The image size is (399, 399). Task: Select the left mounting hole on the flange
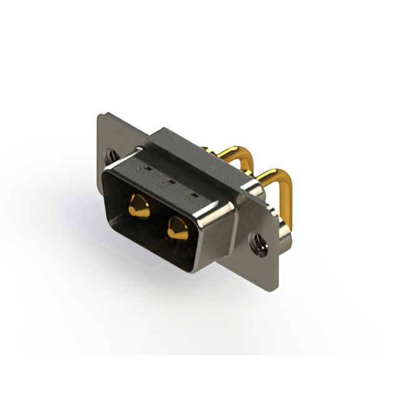coord(111,153)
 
